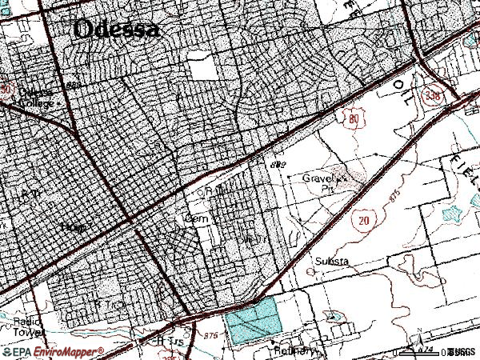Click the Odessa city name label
coord(116,29)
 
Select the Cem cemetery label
coord(196,218)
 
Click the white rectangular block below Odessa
coord(204,70)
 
